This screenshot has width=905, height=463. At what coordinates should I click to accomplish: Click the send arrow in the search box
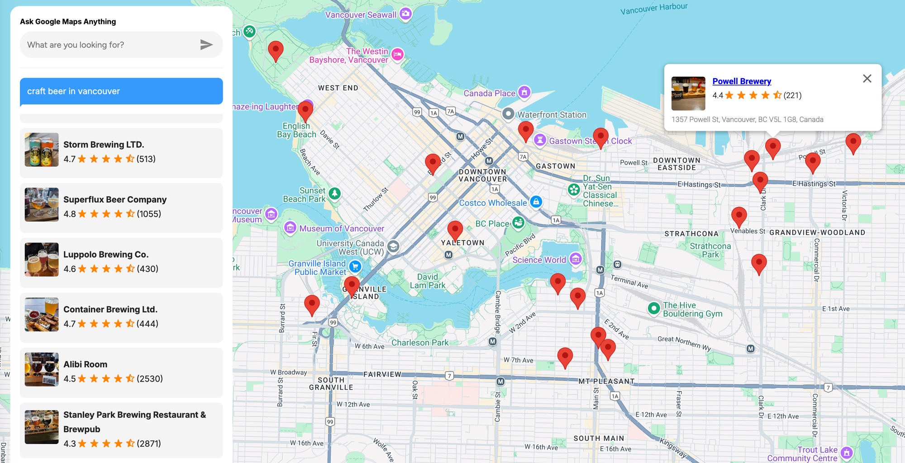[206, 44]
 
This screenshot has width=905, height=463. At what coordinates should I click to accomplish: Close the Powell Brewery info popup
[867, 79]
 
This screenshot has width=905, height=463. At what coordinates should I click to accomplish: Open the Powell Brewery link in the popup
[741, 81]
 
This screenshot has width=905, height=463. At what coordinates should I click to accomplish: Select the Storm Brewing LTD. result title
[104, 145]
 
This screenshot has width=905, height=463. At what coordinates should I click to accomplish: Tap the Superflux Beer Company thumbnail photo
[42, 204]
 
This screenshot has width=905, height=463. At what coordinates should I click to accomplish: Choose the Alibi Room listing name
[85, 364]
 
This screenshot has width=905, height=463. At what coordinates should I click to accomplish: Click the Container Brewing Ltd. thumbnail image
[42, 314]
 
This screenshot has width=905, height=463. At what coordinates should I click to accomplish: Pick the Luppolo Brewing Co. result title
[106, 255]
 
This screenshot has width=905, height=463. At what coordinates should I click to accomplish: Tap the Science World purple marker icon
[576, 259]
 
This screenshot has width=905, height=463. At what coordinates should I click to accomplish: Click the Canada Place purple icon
[524, 92]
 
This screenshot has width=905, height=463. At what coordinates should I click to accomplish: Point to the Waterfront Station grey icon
[508, 113]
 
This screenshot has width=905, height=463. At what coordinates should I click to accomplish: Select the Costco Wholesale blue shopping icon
[536, 202]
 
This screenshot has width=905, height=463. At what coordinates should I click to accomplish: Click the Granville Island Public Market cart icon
[355, 266]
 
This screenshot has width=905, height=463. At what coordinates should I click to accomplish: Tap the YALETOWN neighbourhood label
[462, 243]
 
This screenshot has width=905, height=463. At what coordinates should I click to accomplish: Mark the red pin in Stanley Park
[276, 50]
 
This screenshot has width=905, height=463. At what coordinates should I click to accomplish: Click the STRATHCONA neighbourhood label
[691, 234]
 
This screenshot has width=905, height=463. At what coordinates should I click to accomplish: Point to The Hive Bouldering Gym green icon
[653, 308]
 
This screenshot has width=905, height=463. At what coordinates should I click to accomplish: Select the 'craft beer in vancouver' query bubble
[121, 91]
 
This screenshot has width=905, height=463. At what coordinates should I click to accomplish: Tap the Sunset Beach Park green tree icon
[334, 194]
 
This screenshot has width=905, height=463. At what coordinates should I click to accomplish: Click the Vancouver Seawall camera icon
[405, 14]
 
